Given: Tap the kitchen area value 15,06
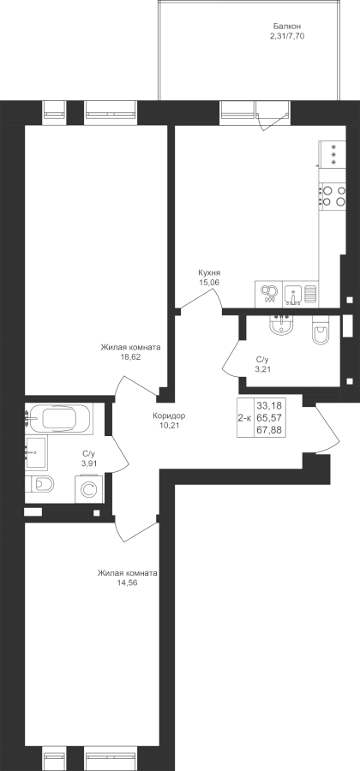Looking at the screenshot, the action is (208, 282).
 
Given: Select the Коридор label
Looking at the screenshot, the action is (169, 415).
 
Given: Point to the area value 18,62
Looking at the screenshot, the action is (131, 356).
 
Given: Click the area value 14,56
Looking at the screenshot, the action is (127, 583).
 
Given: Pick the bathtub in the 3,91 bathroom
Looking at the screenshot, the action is (59, 419).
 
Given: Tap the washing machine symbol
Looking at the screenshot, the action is (88, 489).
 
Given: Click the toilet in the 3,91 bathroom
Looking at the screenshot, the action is (40, 484).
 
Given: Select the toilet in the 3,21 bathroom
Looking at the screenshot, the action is (321, 332).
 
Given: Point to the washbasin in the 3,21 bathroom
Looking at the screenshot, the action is (281, 325).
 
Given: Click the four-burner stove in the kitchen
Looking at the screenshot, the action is (333, 196).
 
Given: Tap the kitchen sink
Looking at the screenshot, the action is (293, 294).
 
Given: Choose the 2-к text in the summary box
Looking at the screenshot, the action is (244, 418).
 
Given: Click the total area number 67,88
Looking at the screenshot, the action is (270, 430).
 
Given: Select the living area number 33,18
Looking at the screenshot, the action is (270, 406).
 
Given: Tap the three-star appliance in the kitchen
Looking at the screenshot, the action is (333, 154).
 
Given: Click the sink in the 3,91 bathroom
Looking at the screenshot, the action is (36, 453).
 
